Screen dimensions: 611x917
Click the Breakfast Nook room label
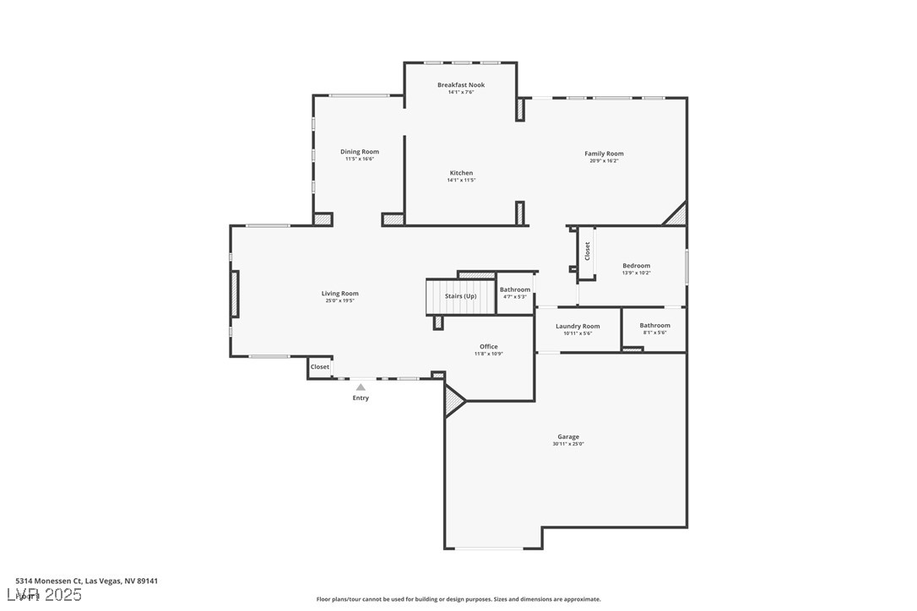(x=461, y=84)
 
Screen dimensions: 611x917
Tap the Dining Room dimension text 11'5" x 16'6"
(x=360, y=159)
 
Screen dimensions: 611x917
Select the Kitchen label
(x=461, y=173)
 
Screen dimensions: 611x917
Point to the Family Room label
(x=604, y=154)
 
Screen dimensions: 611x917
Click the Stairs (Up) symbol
(x=460, y=296)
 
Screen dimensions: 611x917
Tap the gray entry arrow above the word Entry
(x=361, y=387)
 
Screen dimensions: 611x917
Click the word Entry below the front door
(x=361, y=398)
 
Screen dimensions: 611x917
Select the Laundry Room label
(x=578, y=326)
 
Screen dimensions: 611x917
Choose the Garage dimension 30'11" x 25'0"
(x=568, y=444)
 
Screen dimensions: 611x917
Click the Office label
(x=488, y=347)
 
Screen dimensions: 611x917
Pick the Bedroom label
(x=637, y=266)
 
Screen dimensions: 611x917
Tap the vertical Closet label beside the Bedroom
(x=588, y=251)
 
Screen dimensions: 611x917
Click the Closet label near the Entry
(x=320, y=367)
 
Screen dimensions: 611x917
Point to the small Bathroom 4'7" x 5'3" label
(x=515, y=289)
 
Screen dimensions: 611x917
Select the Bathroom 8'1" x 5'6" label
(x=654, y=326)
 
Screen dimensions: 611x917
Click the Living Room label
(x=339, y=294)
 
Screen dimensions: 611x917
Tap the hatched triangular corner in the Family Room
(x=677, y=216)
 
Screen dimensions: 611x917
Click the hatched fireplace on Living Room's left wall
(x=235, y=294)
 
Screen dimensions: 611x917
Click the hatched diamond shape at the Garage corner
(x=454, y=400)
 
